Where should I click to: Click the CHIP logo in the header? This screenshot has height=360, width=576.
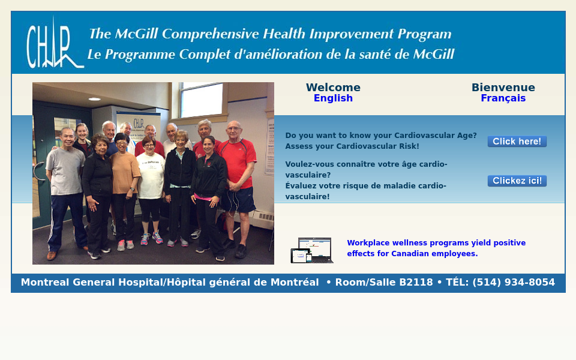pyautogui.click(x=55, y=44)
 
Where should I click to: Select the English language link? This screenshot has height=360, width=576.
pyautogui.click(x=333, y=98)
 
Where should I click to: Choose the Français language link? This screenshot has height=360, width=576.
pyautogui.click(x=503, y=98)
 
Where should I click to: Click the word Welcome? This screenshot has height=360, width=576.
pyautogui.click(x=333, y=88)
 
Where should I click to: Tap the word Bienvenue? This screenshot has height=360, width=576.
pyautogui.click(x=503, y=88)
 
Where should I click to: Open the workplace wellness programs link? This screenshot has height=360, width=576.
pyautogui.click(x=436, y=248)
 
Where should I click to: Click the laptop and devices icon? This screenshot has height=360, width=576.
pyautogui.click(x=312, y=250)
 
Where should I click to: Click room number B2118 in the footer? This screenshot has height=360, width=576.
pyautogui.click(x=416, y=282)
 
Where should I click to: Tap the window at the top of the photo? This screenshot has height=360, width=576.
pyautogui.click(x=202, y=100)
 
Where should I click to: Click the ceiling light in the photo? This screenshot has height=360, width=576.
pyautogui.click(x=94, y=99)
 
